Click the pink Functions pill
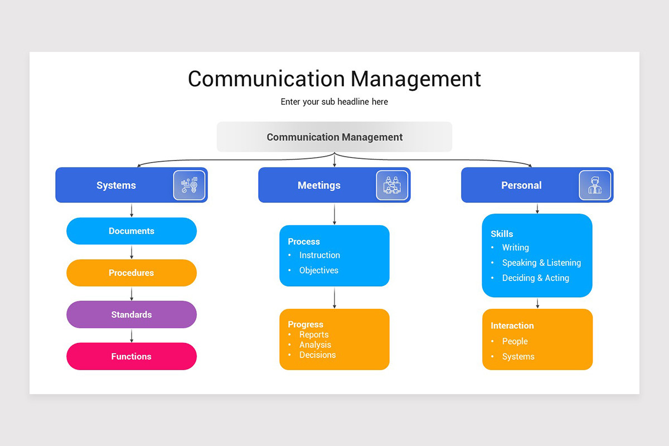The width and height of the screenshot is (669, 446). [x=132, y=356]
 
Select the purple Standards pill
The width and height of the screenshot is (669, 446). [x=132, y=314]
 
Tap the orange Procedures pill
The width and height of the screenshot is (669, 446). [x=132, y=273]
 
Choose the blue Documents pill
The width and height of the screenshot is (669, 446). [x=132, y=231]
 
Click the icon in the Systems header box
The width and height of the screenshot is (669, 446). [x=189, y=185]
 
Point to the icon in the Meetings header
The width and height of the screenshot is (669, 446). [x=392, y=185]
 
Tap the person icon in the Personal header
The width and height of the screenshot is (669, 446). [x=595, y=185]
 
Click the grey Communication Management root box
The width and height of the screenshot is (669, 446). [x=334, y=137]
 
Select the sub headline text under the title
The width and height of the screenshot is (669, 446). [x=334, y=102]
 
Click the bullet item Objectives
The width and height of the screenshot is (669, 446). [x=319, y=270]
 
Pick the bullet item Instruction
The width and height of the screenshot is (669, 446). [x=319, y=255]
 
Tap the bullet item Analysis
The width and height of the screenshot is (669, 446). [x=315, y=345]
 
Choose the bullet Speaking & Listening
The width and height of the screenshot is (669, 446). [x=541, y=263]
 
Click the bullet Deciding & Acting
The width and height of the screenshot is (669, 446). [x=536, y=278]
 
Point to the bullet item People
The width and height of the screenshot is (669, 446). [x=515, y=341]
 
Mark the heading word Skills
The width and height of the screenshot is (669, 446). [x=502, y=234]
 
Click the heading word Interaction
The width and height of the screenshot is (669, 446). [x=512, y=326]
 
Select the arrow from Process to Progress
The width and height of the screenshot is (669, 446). [x=334, y=298]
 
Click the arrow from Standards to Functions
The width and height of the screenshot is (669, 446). [x=132, y=336]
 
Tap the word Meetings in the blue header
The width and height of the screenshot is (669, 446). [x=319, y=185]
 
